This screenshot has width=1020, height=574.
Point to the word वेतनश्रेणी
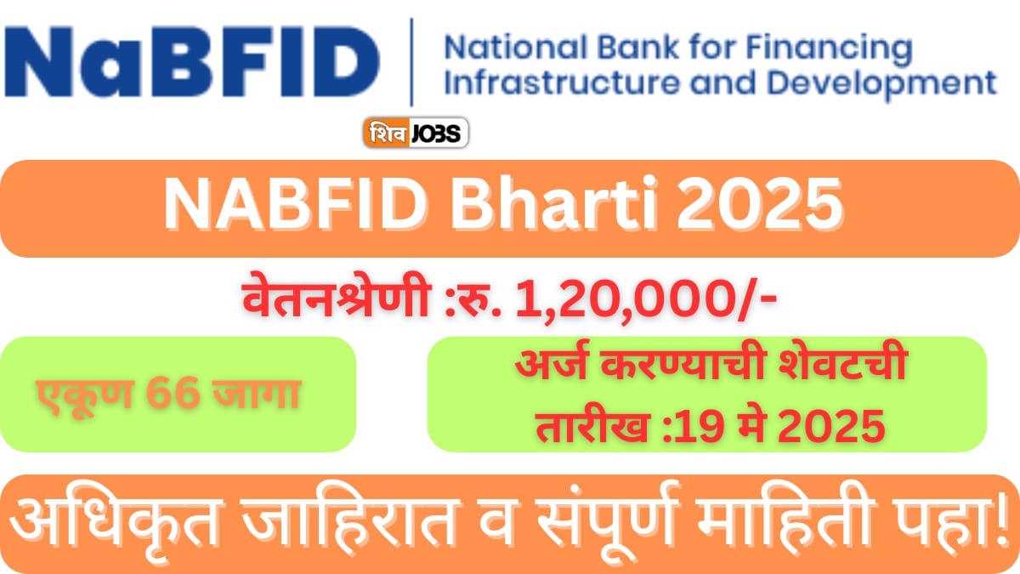[x=332, y=301]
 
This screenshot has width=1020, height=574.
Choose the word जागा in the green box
[x=259, y=394]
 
